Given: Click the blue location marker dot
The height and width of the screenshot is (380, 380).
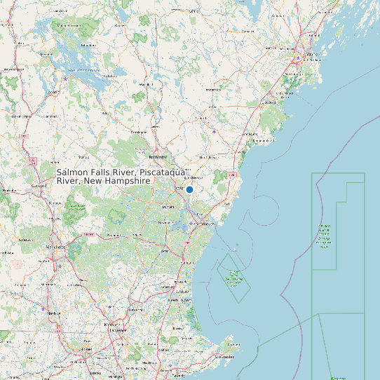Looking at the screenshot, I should (x=189, y=189).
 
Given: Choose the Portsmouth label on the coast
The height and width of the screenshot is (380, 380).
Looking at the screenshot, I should (x=204, y=224).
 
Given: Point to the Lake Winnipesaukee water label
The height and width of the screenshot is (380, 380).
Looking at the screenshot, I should (x=83, y=70).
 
